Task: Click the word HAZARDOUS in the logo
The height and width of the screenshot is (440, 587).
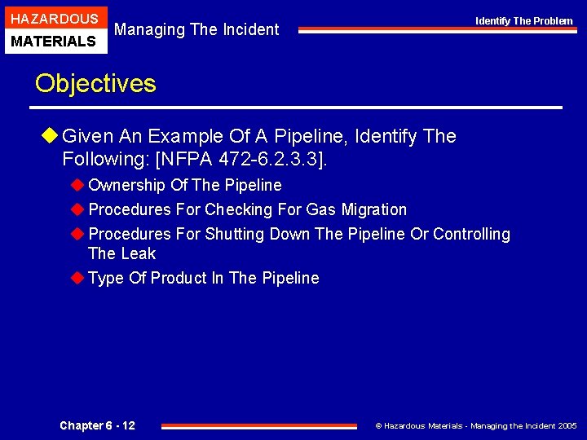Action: point(54,19)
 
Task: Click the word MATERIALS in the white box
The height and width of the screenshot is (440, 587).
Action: point(54,41)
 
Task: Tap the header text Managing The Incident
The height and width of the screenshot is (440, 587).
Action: point(196,29)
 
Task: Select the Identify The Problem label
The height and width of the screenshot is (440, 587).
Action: point(524,20)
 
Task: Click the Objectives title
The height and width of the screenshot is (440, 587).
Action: point(95,83)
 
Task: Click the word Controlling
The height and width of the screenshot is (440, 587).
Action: point(471,234)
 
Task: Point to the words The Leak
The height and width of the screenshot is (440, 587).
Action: point(121,253)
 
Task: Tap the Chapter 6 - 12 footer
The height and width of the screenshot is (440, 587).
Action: point(97,425)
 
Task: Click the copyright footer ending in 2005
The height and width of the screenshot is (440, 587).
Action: point(475,425)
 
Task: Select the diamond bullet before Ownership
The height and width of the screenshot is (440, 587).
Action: point(77,185)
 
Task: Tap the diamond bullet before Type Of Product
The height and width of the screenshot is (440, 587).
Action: point(77,278)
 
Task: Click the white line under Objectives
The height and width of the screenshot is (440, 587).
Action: point(298,108)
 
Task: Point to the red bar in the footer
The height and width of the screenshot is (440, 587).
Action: point(259,425)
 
